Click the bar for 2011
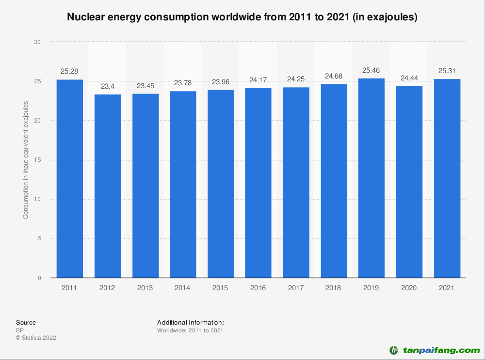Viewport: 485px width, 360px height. (x=69, y=179)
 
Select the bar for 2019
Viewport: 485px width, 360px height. (x=371, y=178)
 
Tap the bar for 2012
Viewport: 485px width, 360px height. (x=107, y=186)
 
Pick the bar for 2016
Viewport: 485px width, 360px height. (x=258, y=183)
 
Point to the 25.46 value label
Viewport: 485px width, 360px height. (x=371, y=70)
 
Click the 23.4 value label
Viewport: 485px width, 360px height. (x=107, y=86)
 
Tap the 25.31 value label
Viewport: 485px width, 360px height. (x=447, y=71)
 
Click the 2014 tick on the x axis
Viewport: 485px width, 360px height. (x=183, y=288)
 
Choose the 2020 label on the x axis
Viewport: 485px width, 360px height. (x=409, y=288)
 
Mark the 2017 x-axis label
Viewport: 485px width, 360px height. (x=296, y=288)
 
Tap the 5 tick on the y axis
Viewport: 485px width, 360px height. (x=38, y=238)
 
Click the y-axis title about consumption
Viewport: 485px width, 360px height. (x=26, y=160)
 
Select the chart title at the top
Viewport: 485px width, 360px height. (x=242, y=17)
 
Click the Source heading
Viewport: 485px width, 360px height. (x=26, y=322)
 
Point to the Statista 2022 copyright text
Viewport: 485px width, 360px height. (x=36, y=338)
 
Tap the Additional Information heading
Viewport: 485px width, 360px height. (x=190, y=322)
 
